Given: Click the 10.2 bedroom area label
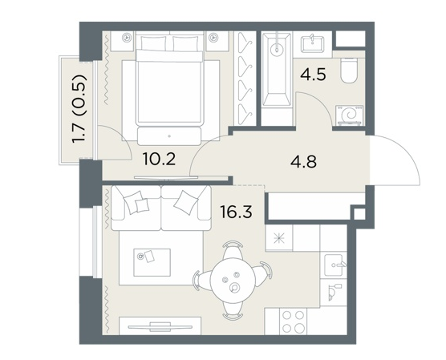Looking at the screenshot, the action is pos(160,159).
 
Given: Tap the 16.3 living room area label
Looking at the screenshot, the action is pos(236,212).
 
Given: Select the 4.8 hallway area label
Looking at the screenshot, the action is pos(303,163).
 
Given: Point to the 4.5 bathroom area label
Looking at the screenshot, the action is pos(313,75).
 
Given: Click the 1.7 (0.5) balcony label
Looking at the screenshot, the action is pos(79,110).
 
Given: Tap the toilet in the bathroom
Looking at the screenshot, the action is pos(349,70).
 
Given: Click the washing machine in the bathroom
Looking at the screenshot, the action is pos(350,115).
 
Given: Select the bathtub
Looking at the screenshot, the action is pos(277,70).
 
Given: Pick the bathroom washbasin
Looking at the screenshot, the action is pos(313,43).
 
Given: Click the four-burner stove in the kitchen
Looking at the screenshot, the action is pos(294,322).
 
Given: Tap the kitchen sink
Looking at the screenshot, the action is pos(334,265).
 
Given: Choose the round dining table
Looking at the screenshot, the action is pos(233,281).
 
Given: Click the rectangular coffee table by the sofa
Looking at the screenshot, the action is pos(152,262).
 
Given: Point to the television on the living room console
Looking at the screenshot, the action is pos(160,326).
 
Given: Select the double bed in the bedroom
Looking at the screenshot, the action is pos(169,88).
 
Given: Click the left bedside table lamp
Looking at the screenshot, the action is pos(126,37).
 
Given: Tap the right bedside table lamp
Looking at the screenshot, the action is pos(213,37).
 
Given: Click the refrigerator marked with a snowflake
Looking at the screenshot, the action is pos(279,237).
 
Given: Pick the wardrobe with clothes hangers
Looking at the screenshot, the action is pos(245,79).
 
